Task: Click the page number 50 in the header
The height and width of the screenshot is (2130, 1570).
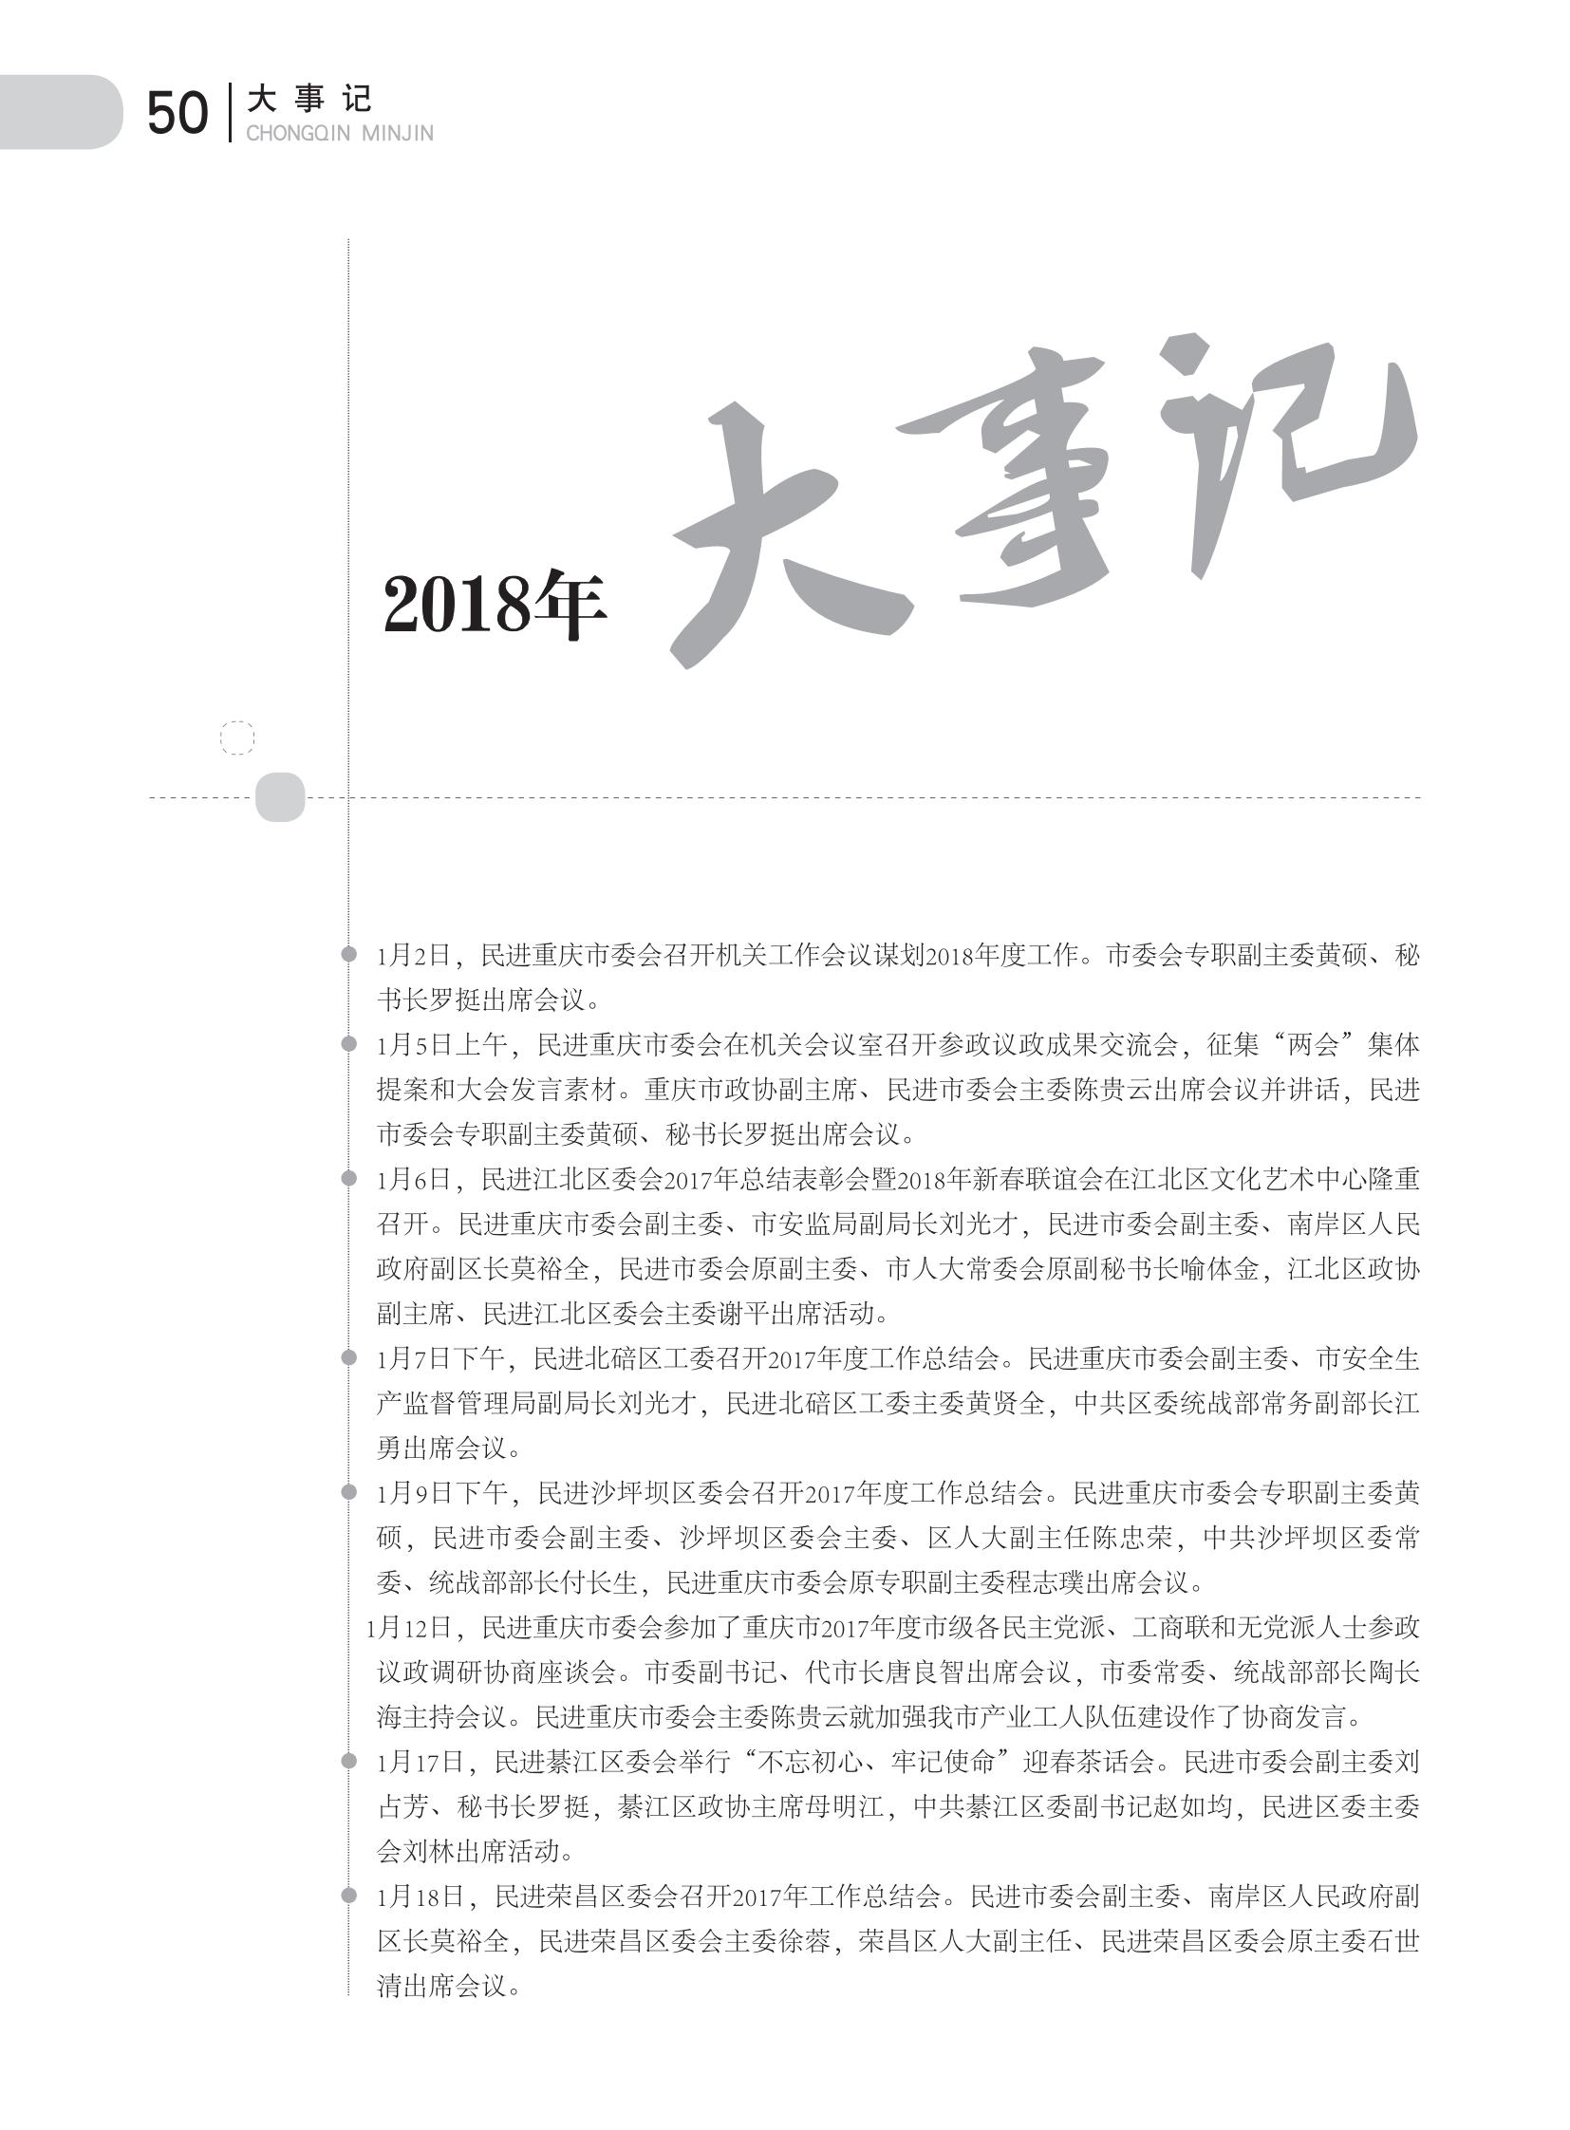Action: pyautogui.click(x=177, y=113)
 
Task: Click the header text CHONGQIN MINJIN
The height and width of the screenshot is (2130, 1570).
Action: pyautogui.click(x=339, y=134)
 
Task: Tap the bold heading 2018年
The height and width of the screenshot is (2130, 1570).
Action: pyautogui.click(x=495, y=606)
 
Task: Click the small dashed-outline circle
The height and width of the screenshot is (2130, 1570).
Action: pyautogui.click(x=237, y=738)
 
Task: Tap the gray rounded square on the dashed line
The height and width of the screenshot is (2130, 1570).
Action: pyautogui.click(x=280, y=796)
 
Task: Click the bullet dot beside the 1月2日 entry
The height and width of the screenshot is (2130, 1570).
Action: pyautogui.click(x=348, y=953)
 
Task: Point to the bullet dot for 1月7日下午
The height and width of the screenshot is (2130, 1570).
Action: pyautogui.click(x=348, y=1357)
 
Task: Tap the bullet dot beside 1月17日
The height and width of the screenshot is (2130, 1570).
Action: pyautogui.click(x=348, y=1761)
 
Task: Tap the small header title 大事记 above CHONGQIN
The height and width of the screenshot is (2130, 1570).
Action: pyautogui.click(x=308, y=98)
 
